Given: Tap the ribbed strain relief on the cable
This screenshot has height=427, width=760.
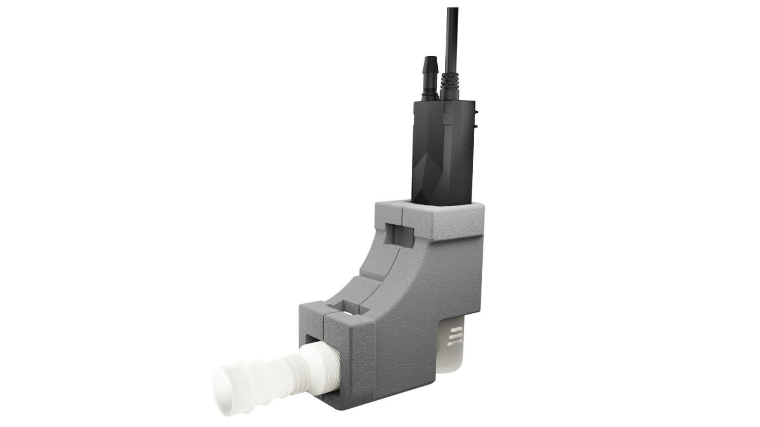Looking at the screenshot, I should (x=449, y=83).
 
